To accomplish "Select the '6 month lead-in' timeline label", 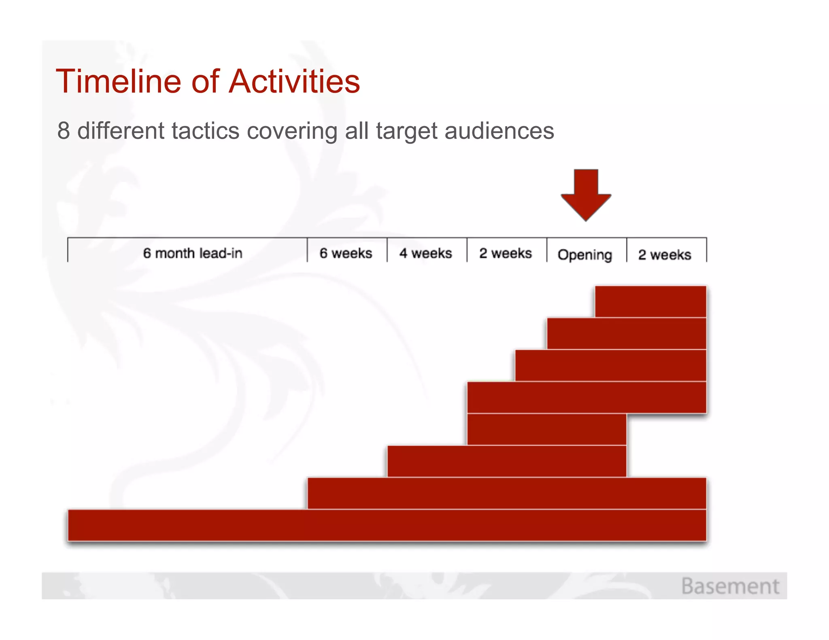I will [193, 253].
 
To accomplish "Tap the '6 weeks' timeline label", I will [346, 253].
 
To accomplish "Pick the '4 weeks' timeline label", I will [425, 253].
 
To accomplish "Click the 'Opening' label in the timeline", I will [585, 255].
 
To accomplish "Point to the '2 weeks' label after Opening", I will [665, 255].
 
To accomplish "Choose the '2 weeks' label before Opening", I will [505, 253].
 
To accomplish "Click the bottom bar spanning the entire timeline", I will [387, 525].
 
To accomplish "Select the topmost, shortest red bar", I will [650, 301].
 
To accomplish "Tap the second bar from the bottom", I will [506, 493].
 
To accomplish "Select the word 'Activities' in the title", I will [294, 81].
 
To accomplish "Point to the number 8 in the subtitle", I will [64, 131].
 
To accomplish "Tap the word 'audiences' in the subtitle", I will [499, 131].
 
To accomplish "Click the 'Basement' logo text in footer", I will [730, 586].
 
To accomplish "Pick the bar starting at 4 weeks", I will [506, 461].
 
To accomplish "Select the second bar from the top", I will [626, 333].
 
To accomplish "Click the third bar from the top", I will [610, 365].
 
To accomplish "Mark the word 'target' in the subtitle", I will [407, 131].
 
